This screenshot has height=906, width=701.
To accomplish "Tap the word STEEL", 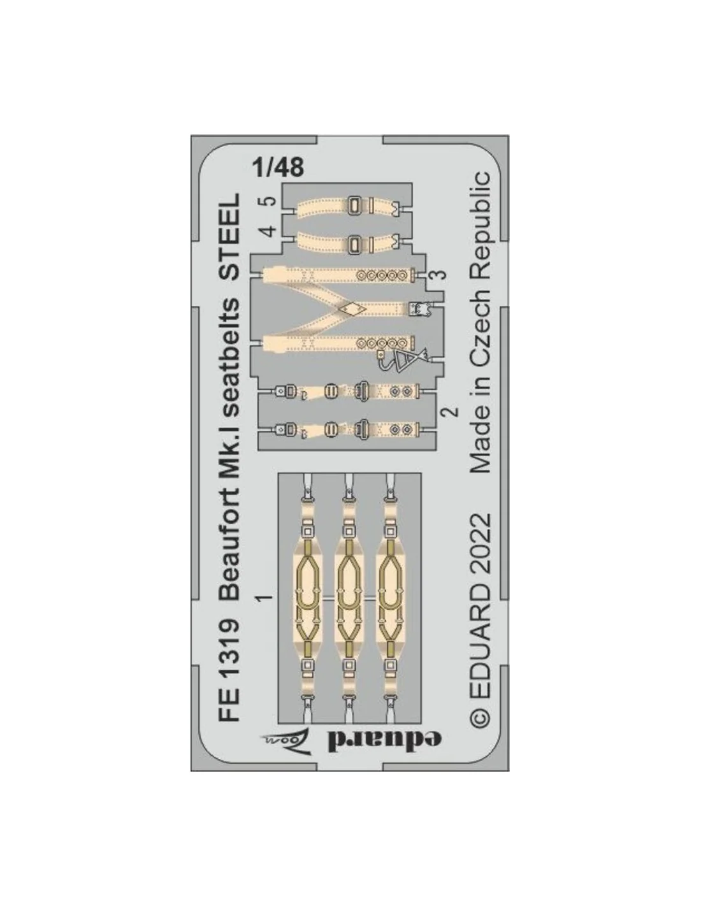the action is pos(229,236).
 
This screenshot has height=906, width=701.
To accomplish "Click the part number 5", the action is pos(270,201).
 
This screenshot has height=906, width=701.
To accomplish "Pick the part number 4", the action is pos(270,230).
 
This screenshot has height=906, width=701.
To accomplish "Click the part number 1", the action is pos(265,598).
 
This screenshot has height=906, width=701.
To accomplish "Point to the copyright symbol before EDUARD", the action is pos(480,718).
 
